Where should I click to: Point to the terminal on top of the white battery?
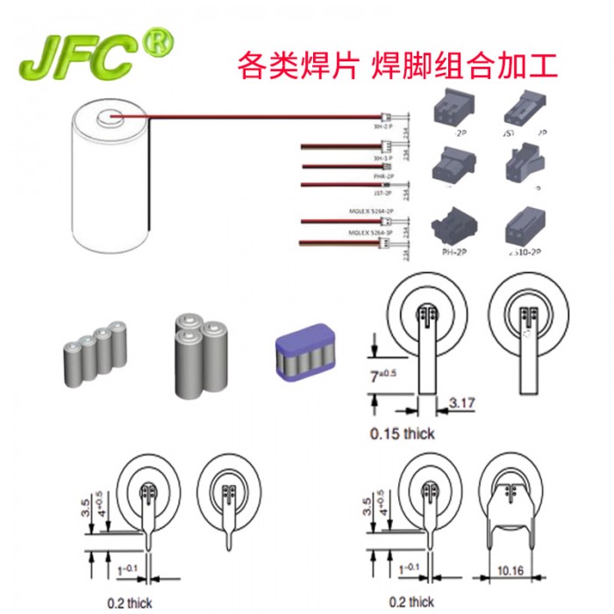coord(112,115)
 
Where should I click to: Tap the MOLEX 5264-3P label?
coord(368,233)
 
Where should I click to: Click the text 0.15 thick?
coord(403,433)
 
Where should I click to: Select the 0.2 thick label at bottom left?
coord(129,603)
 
